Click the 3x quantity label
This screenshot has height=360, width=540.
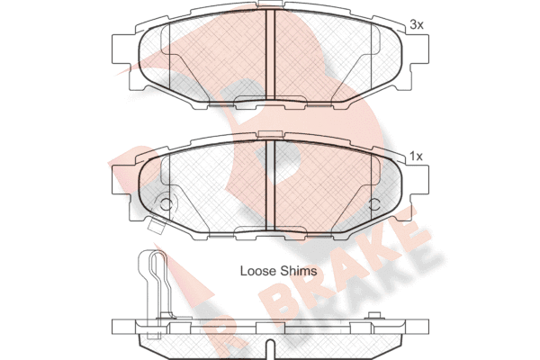pyautogui.click(x=417, y=25)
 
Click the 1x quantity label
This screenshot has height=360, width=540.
pyautogui.click(x=417, y=157)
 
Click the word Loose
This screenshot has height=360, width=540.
pyautogui.click(x=258, y=271)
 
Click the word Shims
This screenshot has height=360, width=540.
pyautogui.click(x=298, y=271)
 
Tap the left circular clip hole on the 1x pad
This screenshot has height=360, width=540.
pyautogui.click(x=166, y=204)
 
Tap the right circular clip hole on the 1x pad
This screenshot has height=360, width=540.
pyautogui.click(x=373, y=204)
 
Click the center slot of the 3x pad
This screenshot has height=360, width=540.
pyautogui.click(x=270, y=54)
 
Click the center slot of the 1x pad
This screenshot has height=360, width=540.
pyautogui.click(x=270, y=185)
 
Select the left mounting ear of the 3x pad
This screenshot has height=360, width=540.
pyautogui.click(x=121, y=49)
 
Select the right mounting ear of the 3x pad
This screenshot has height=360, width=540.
pyautogui.click(x=419, y=49)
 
